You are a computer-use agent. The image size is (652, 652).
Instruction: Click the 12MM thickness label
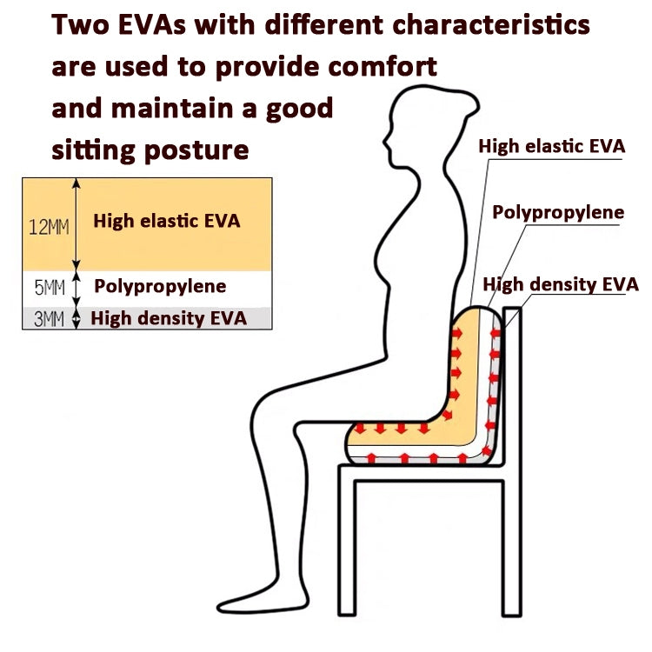(x=49, y=227)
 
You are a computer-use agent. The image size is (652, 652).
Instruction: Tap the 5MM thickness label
(x=50, y=288)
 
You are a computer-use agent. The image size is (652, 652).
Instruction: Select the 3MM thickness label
(x=49, y=319)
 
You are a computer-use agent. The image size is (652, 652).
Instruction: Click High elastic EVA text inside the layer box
(x=167, y=221)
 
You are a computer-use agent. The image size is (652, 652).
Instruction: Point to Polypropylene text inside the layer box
(x=160, y=287)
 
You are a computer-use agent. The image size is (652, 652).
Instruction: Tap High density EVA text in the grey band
(x=169, y=318)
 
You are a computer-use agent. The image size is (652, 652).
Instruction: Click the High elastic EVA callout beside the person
(x=552, y=146)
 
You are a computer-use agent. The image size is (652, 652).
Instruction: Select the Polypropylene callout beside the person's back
(x=558, y=213)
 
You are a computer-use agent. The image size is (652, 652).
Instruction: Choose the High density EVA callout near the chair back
(x=561, y=285)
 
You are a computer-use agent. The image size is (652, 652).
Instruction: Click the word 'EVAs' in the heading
(x=152, y=24)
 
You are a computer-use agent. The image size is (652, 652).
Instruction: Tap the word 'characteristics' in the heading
(x=491, y=24)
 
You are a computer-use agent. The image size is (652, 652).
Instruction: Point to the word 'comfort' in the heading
(x=383, y=66)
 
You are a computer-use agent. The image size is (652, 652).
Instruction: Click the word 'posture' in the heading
(x=196, y=150)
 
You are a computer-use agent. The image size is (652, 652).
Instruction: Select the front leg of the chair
(x=347, y=541)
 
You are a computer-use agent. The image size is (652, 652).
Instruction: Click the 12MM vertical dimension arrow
(x=77, y=225)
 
